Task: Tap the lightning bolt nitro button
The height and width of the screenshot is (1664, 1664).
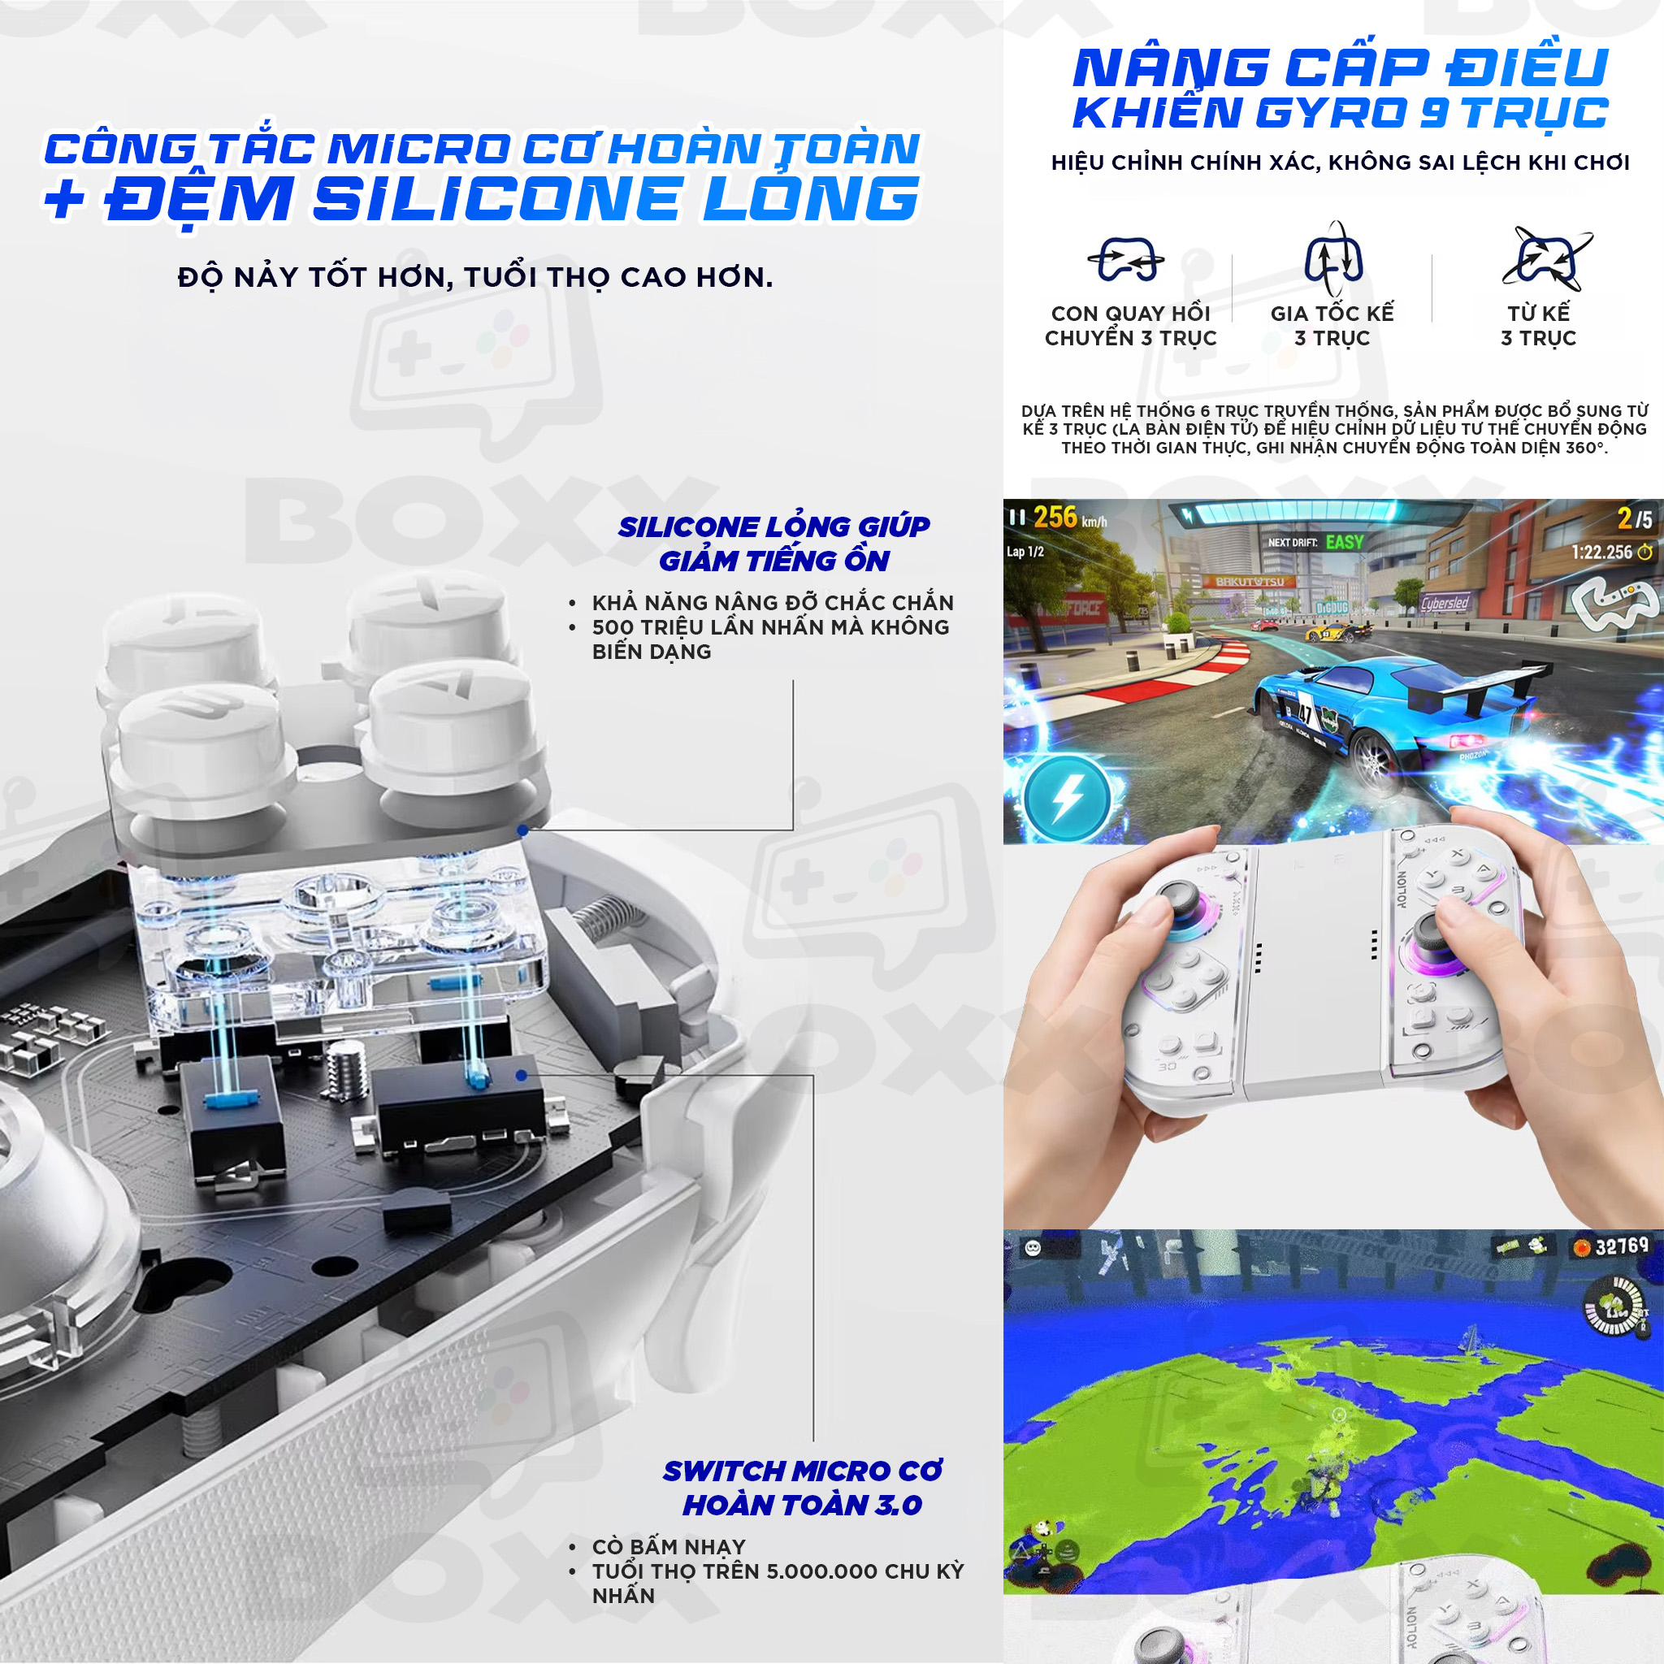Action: [1067, 798]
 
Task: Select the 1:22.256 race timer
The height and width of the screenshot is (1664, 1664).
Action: [1611, 552]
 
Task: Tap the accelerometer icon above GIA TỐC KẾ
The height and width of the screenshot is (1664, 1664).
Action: [1333, 258]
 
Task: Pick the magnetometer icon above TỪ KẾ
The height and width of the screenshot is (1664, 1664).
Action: [1548, 258]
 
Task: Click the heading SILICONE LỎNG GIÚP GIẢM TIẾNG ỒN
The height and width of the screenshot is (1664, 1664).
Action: [774, 544]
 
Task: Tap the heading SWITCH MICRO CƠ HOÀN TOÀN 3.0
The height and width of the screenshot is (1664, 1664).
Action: [802, 1488]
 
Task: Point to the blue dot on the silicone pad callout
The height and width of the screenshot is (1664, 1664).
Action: [522, 830]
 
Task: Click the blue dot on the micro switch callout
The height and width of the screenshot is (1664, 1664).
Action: [521, 1076]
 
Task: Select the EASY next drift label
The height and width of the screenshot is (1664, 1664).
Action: [1345, 542]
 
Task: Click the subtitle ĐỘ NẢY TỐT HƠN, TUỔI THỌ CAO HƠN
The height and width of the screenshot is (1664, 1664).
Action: [475, 277]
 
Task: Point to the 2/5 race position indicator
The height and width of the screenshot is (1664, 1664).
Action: [1635, 518]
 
